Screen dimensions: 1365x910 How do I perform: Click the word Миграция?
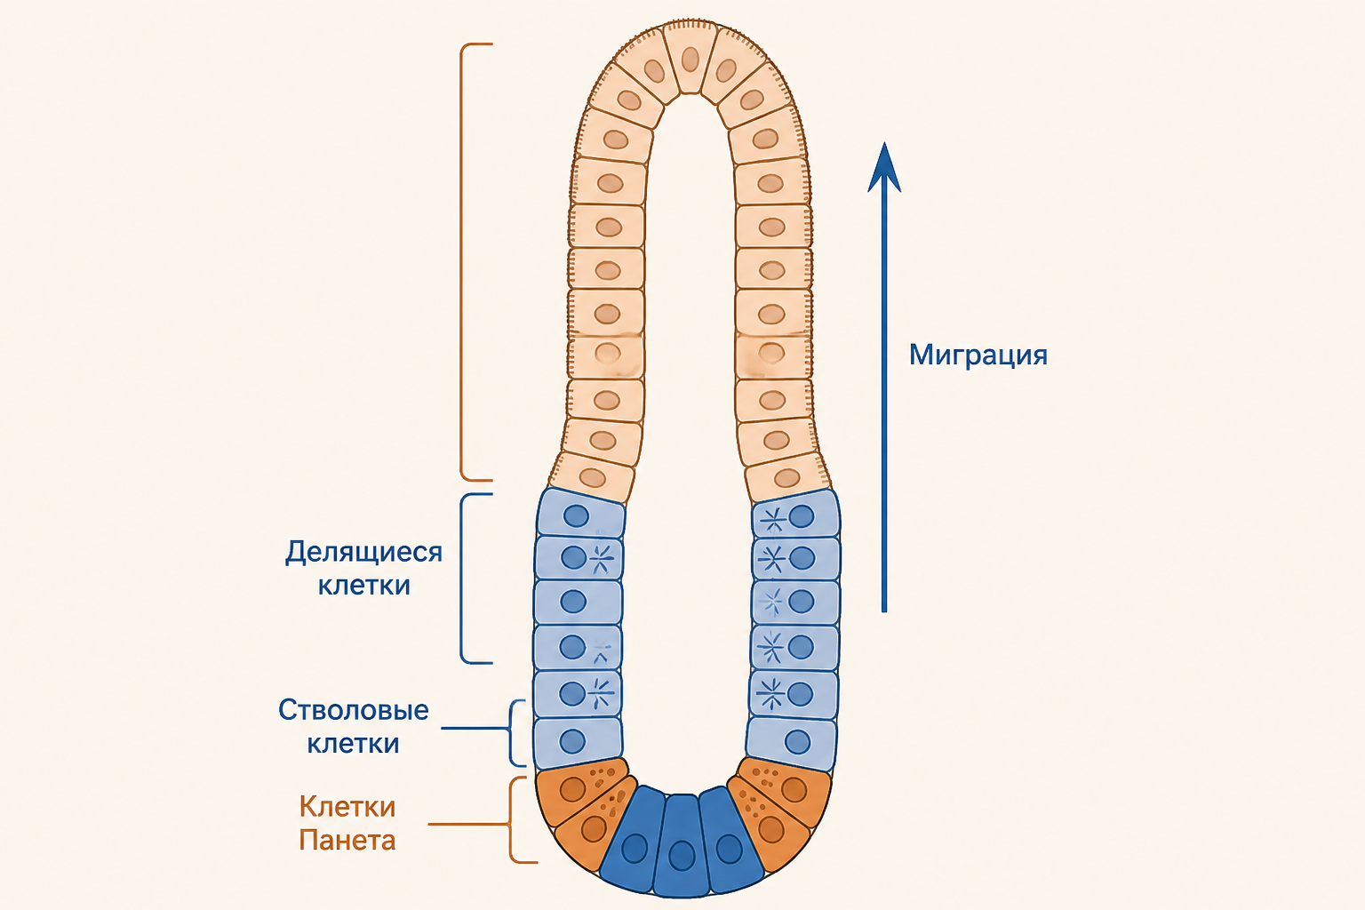(x=978, y=355)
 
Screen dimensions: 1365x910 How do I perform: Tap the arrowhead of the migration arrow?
(x=884, y=167)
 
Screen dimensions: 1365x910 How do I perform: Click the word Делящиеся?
(x=363, y=553)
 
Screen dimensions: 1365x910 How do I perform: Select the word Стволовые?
(x=354, y=710)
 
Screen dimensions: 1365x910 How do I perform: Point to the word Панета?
(x=347, y=840)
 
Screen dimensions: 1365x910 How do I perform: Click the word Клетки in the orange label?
(x=347, y=807)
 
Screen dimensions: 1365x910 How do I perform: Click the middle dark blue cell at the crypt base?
(x=682, y=844)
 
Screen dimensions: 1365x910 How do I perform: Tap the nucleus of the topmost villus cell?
(x=690, y=60)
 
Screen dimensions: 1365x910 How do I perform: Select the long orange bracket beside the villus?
(x=461, y=262)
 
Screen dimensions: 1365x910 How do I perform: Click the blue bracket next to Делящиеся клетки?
(x=461, y=578)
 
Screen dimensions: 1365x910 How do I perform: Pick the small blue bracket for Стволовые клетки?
(x=511, y=732)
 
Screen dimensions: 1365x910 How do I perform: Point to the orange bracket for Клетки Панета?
(x=511, y=820)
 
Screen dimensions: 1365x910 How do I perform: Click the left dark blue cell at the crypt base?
(x=633, y=840)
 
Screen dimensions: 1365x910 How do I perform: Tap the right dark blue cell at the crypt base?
(x=730, y=840)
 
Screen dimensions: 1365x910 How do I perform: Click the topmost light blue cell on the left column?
(x=580, y=514)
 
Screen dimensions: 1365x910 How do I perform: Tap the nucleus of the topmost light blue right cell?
(x=802, y=517)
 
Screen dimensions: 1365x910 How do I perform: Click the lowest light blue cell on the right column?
(x=791, y=742)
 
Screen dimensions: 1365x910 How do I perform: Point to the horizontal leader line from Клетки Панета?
(x=468, y=824)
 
